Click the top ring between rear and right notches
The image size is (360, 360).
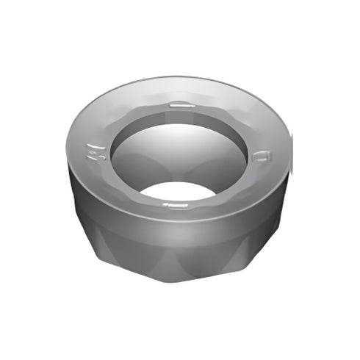coord(235,118)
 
